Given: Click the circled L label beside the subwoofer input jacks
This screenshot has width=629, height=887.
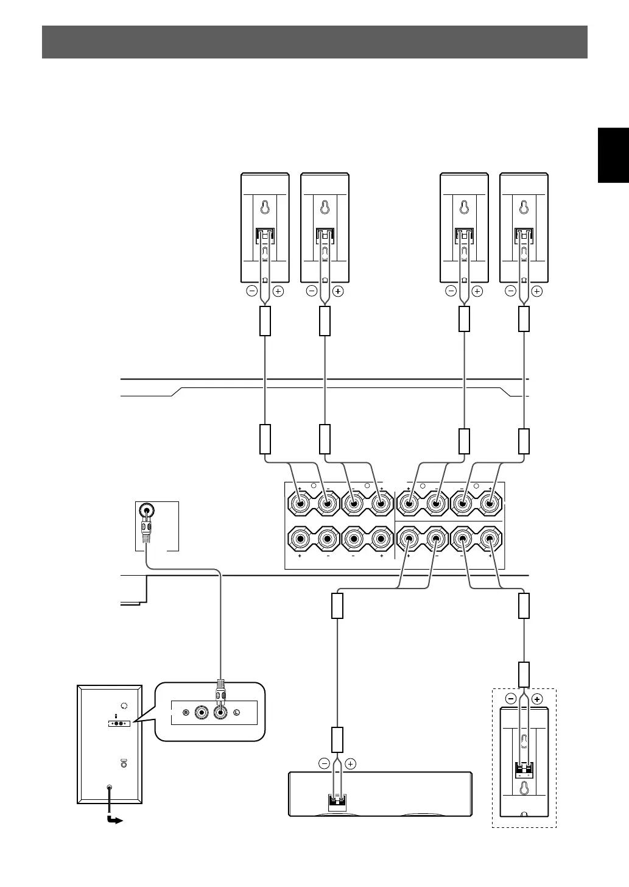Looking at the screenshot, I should click(237, 712).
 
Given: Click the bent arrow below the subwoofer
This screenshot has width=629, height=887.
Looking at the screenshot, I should click(113, 819).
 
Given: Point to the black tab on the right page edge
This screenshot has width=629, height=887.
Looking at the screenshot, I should click(613, 155).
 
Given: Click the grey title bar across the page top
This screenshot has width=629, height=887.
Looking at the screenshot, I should click(314, 42).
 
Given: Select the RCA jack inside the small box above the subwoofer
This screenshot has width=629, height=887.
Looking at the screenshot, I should click(146, 511).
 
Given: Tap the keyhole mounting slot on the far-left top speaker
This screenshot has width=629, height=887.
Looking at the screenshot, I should click(265, 207).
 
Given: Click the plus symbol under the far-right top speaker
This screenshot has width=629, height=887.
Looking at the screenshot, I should click(536, 291).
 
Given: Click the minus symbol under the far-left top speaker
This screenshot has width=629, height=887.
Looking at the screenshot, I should click(251, 291).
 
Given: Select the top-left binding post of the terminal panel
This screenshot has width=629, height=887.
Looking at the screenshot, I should click(300, 503).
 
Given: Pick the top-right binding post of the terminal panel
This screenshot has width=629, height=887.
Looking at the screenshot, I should click(490, 503).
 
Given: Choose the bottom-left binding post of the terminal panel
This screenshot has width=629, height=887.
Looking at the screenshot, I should click(300, 539).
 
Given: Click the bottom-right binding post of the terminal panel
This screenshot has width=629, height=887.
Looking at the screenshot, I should click(490, 539).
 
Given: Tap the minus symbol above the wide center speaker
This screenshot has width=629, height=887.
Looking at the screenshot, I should click(324, 763).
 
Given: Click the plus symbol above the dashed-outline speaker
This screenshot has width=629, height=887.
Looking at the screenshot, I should click(536, 699).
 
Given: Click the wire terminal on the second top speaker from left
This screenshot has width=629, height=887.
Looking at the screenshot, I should click(325, 235).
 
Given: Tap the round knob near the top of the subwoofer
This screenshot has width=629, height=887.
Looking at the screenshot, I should click(125, 705).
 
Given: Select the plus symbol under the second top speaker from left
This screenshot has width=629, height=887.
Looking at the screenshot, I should click(339, 291).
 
